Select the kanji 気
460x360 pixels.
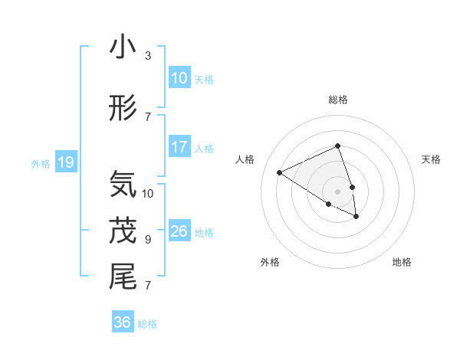(123, 185)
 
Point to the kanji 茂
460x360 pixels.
(123, 231)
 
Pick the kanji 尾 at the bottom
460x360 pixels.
(123, 276)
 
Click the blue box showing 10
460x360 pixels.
(179, 78)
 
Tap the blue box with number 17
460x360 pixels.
(179, 147)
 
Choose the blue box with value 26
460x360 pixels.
(179, 231)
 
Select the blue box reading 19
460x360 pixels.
(65, 162)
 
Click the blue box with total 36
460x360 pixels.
(123, 322)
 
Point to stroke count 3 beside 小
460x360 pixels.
(147, 56)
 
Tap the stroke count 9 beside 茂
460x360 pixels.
(147, 240)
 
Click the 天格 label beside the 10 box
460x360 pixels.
(203, 79)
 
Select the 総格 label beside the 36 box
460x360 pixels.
(147, 324)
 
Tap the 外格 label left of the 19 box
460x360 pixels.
(40, 163)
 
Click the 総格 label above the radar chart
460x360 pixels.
(337, 100)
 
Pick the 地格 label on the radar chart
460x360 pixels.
(402, 262)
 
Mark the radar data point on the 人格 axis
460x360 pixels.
(280, 172)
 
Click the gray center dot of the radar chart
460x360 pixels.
(337, 191)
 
